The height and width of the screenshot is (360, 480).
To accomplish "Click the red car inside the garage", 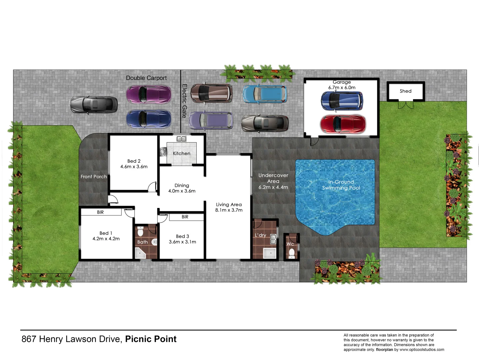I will [x=343, y=124].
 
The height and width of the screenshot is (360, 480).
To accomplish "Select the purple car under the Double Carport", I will [x=149, y=94].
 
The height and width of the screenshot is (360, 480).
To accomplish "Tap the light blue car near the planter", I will [x=265, y=94].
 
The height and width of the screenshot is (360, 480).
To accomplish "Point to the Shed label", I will [x=405, y=91].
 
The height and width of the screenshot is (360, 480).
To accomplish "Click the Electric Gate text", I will [x=184, y=101].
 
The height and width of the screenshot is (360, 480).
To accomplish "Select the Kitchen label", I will [x=181, y=153].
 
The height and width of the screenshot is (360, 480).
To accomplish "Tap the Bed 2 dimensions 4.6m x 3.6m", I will [x=134, y=167].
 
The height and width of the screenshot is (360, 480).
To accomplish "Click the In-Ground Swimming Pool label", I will [x=341, y=185].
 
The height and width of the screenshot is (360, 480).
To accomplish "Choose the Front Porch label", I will [x=94, y=177].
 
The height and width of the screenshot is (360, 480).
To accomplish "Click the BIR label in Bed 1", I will [x=100, y=212].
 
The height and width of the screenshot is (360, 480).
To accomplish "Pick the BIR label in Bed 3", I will [x=185, y=217].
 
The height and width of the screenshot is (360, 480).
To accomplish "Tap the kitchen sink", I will [x=181, y=139].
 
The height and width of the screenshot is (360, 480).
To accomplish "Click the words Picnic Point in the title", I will [x=151, y=339].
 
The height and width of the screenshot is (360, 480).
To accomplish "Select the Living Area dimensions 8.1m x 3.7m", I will [x=229, y=210].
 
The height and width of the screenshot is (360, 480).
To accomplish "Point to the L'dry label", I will [x=260, y=235].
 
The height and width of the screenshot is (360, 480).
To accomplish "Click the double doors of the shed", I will [x=406, y=105].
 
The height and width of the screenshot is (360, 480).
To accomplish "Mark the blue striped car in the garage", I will [x=342, y=101].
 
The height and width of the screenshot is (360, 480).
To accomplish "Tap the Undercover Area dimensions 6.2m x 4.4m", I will [x=273, y=187].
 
